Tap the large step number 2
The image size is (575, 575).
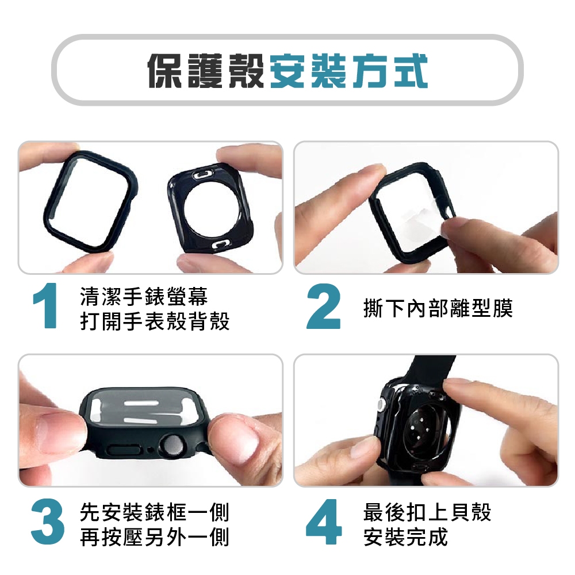point(323,306)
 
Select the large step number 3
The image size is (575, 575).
point(48,521)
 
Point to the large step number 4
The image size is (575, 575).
point(323,521)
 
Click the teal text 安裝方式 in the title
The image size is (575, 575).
point(349,71)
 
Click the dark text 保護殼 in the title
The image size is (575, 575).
point(206,71)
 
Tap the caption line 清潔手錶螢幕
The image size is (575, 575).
point(144,296)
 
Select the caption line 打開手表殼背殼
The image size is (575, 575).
point(154,321)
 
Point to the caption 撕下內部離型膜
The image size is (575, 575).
point(438,308)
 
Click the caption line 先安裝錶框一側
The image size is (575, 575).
point(154,512)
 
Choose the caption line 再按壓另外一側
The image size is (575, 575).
point(154,537)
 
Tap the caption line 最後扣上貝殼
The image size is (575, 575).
point(427,512)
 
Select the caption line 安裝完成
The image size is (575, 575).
point(405,537)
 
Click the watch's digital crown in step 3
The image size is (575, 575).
point(172,446)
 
